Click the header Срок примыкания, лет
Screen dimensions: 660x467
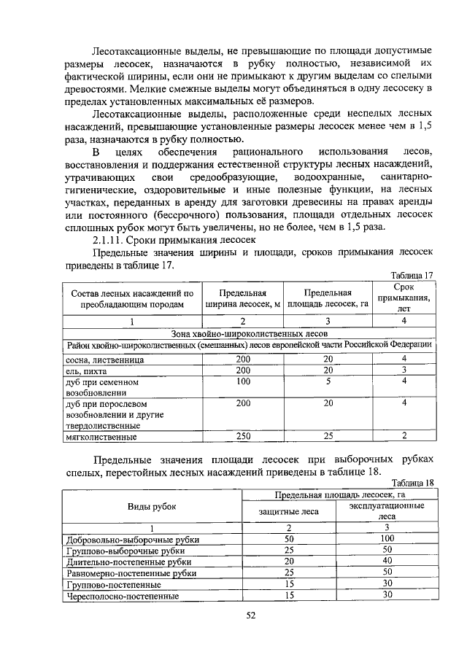[x=404, y=298]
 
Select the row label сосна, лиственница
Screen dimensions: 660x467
[x=104, y=360]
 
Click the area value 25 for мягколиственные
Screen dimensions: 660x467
[x=328, y=437]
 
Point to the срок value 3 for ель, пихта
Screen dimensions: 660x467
[x=404, y=370]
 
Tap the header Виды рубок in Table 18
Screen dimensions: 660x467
[x=152, y=507]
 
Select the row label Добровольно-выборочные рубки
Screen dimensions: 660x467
[x=132, y=540]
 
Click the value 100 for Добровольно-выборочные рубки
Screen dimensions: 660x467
[x=387, y=539]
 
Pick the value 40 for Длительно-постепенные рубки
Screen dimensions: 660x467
[x=387, y=562]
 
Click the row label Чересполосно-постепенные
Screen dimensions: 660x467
[x=123, y=595]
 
